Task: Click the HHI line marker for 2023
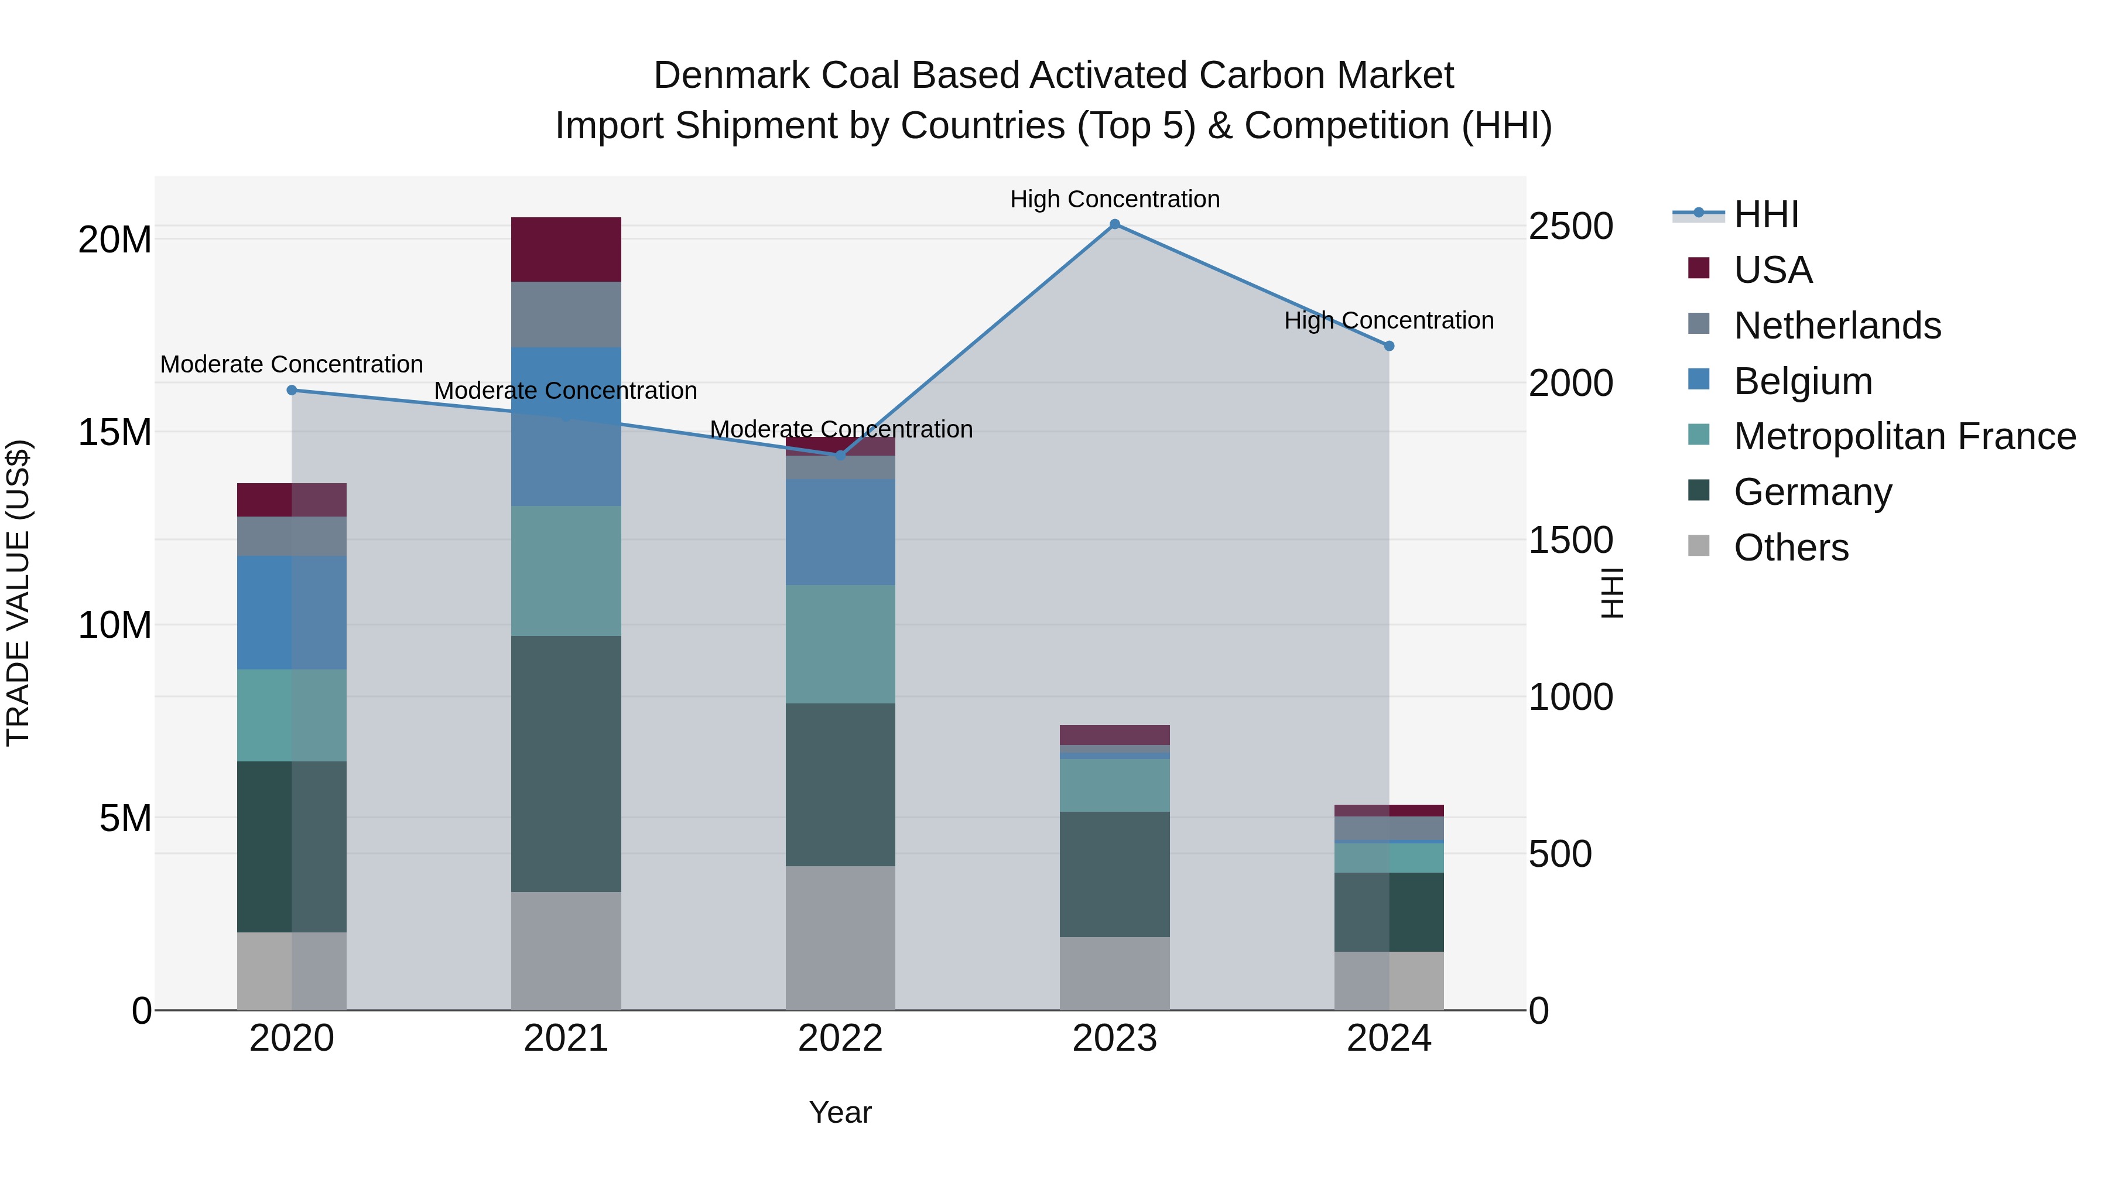(x=1114, y=224)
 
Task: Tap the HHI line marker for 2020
(x=292, y=391)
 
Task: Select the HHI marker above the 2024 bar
(x=1389, y=346)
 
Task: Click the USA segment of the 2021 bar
(x=566, y=249)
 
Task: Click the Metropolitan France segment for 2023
(x=1114, y=785)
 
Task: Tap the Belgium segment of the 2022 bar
(x=840, y=532)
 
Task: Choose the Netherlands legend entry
(x=1836, y=326)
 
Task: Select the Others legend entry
(x=1791, y=548)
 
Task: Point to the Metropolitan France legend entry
(x=1904, y=436)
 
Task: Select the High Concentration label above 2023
(x=1114, y=199)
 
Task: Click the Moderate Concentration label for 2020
(x=292, y=364)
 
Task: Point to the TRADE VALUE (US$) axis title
(x=18, y=593)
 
